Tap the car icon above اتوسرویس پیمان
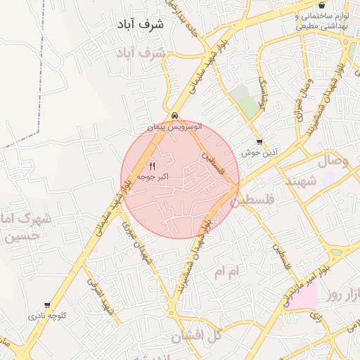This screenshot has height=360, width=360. coord(174,116)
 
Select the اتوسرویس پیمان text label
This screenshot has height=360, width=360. coord(174,127)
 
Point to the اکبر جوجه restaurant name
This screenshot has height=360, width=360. coord(151,176)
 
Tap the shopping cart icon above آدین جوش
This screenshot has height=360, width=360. coord(259,142)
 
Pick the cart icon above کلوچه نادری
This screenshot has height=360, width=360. coord(47,305)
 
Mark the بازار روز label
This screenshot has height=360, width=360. coord(345,295)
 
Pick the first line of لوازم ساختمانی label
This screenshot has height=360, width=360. coord(321,15)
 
